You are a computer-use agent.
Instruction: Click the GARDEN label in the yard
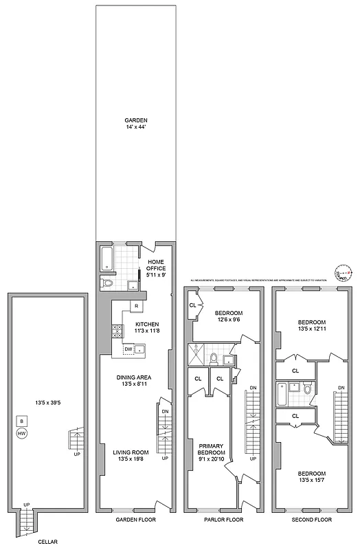[136, 120]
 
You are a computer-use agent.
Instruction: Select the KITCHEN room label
[148, 323]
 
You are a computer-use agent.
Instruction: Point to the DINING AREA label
[134, 377]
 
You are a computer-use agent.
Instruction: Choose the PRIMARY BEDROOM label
[212, 449]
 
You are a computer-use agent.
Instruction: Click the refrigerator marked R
[137, 305]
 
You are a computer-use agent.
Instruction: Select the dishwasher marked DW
[128, 349]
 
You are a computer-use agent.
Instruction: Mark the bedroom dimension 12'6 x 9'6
[223, 318]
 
